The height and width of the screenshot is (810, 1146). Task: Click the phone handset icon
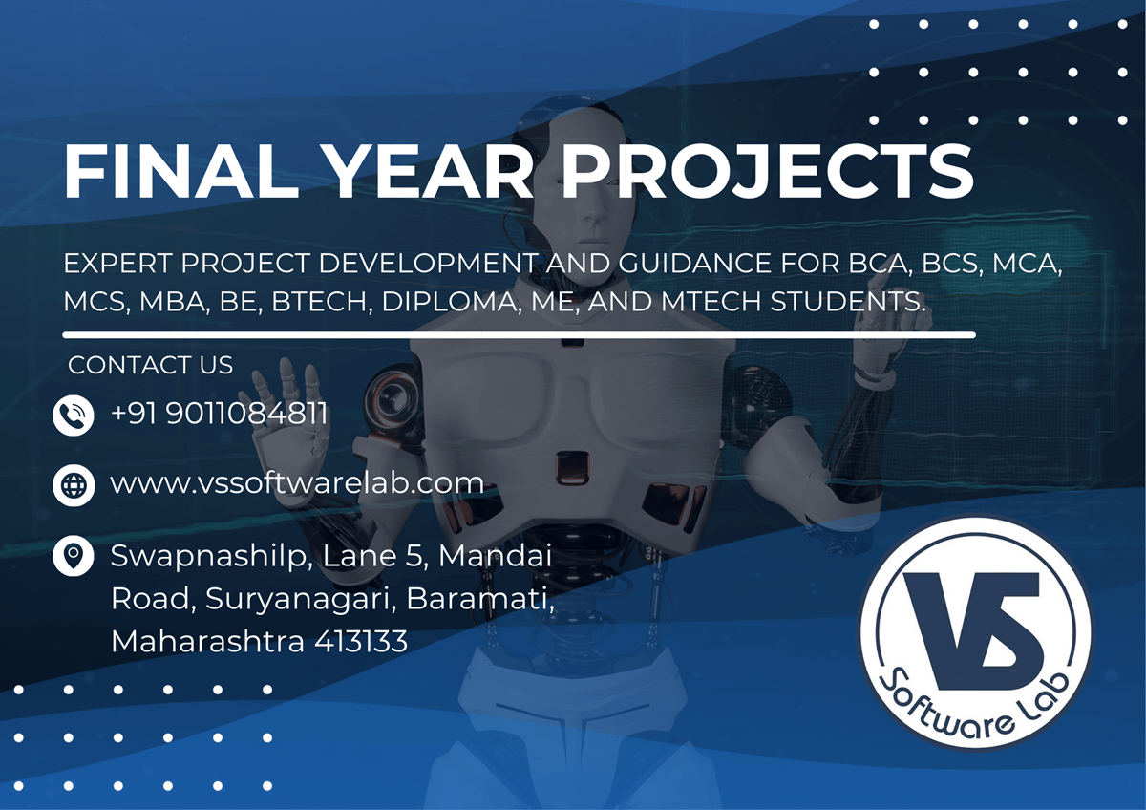tap(74, 416)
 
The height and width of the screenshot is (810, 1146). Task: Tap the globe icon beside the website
tap(74, 484)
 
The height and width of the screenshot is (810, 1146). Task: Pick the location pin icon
tap(74, 555)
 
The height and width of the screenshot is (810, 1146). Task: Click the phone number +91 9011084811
tap(220, 414)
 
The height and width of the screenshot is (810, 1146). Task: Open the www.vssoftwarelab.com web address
tap(297, 483)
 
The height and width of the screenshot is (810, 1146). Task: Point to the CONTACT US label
tap(150, 365)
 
